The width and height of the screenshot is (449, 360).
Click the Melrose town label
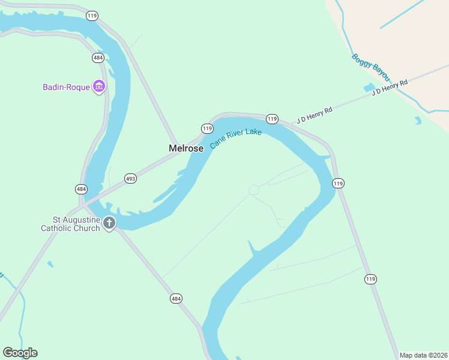[185, 148]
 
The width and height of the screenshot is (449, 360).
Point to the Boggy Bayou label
[370, 68]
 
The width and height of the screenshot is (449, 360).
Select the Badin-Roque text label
[65, 87]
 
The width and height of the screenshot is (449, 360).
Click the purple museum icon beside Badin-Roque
[99, 87]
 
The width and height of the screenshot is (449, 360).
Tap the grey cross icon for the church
[109, 223]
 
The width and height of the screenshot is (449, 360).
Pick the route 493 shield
[131, 178]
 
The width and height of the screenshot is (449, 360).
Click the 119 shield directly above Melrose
[207, 128]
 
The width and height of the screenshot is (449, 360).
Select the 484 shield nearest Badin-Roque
[98, 58]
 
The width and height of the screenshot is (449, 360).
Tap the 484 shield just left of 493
[82, 189]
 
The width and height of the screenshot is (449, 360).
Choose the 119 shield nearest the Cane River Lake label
[272, 119]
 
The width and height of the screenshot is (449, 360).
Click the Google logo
[20, 353]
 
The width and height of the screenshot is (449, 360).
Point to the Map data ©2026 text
[423, 355]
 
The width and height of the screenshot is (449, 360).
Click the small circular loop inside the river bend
[254, 190]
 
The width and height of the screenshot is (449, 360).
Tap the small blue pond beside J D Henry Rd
[369, 88]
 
